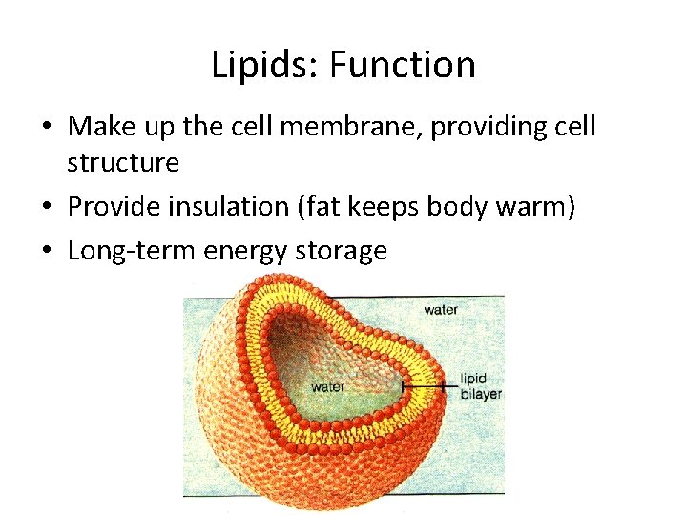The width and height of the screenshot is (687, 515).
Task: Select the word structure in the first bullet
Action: point(122,163)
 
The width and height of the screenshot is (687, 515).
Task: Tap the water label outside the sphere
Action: point(441,310)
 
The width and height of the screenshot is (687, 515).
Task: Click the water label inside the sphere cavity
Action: point(327,387)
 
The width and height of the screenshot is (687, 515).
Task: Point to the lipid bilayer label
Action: point(480,386)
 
